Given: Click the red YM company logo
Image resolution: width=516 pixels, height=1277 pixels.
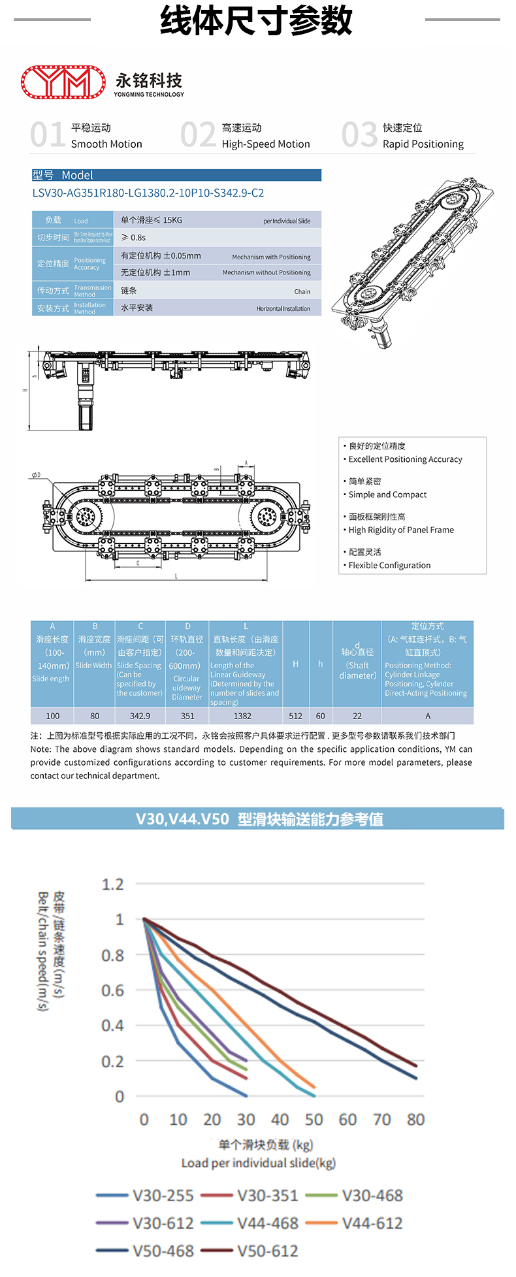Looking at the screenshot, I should coord(63,82).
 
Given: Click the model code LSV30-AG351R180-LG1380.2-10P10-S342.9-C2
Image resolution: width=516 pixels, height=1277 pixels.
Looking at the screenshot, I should coord(148,193).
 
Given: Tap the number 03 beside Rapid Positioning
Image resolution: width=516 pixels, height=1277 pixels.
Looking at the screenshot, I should coord(359,135).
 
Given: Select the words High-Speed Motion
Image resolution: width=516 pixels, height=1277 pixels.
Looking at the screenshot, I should coord(266,144).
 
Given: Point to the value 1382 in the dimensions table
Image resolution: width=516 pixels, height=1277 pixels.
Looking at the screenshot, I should coord(242,716).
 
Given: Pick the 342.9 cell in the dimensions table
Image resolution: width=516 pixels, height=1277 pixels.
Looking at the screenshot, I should coord(140,716).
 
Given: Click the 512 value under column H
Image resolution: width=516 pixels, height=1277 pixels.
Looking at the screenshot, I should coord(295,716).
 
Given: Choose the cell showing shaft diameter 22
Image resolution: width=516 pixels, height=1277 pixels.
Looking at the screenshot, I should coord(357,716).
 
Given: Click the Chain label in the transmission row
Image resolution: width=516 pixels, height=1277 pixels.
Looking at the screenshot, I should coord(302,291).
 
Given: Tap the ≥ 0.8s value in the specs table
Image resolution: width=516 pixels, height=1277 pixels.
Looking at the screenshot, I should coord(133,238).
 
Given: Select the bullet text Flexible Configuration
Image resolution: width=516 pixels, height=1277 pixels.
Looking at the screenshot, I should coord(389,566).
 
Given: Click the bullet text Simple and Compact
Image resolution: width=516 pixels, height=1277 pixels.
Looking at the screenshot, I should coord(387,495).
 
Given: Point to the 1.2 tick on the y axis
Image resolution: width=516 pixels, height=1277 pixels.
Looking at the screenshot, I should coord(112,884).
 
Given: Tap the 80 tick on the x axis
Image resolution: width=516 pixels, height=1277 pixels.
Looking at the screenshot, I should coord(415,1120).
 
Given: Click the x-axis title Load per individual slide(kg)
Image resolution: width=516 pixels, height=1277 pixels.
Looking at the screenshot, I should coord(258,1163).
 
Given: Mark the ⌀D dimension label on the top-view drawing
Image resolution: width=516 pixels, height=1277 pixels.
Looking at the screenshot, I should coord(36,475).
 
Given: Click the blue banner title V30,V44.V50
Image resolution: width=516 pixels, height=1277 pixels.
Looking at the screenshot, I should coord(182,819).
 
